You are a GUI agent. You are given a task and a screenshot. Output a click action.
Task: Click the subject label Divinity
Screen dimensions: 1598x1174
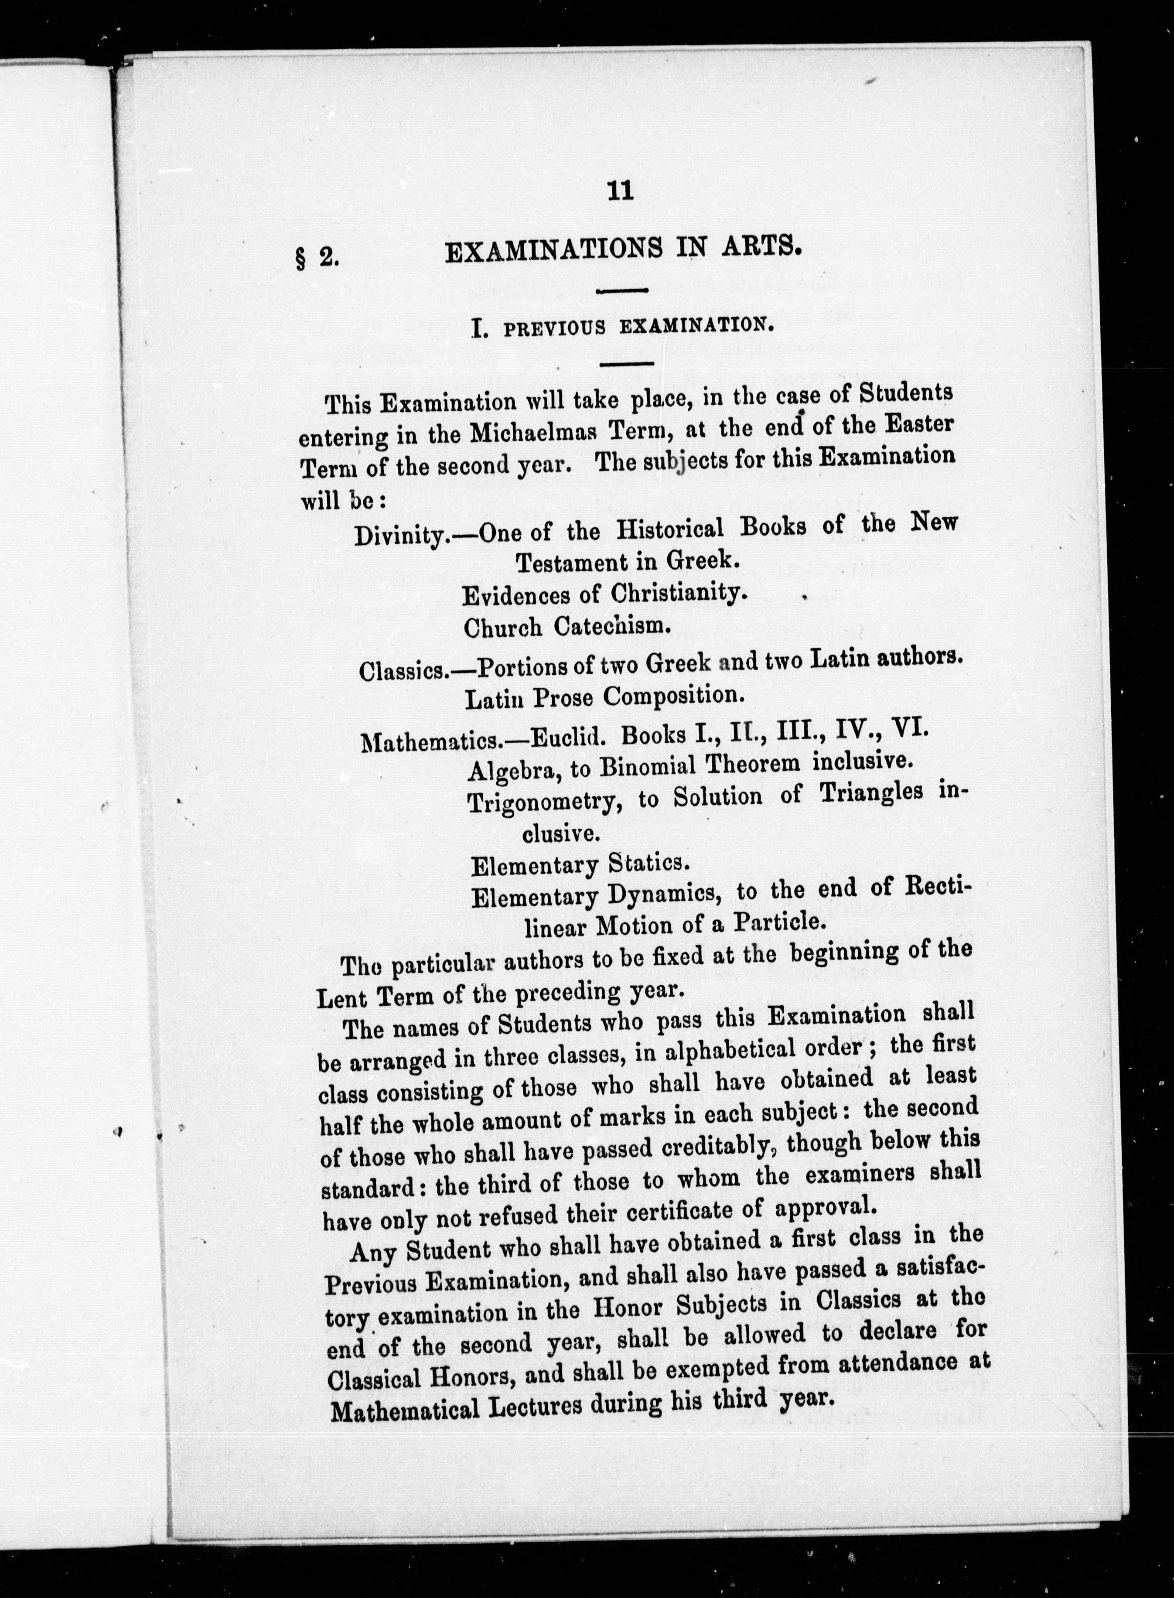(x=400, y=534)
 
